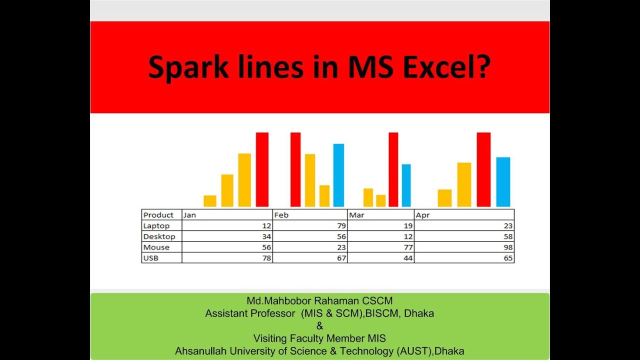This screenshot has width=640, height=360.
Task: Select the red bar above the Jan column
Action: [x=262, y=169]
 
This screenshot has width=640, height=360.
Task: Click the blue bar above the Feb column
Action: [x=338, y=175]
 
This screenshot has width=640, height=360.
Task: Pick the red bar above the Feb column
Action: [x=295, y=169]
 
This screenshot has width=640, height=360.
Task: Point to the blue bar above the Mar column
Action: [x=406, y=185]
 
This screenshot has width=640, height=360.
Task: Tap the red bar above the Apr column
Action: [x=483, y=169]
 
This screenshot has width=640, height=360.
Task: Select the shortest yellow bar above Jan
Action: [x=210, y=200]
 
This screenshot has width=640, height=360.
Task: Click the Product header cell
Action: [x=158, y=215]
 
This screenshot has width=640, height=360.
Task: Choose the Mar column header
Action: [x=356, y=215]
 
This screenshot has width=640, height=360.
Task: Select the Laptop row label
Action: [x=156, y=226]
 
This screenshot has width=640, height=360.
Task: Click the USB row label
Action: [x=151, y=258]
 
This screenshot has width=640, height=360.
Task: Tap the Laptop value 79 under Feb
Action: [x=341, y=226]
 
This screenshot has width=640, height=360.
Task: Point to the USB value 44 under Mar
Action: [x=408, y=258]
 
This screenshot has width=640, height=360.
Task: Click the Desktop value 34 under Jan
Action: [x=266, y=236]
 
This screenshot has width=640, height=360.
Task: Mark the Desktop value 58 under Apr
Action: [x=508, y=236]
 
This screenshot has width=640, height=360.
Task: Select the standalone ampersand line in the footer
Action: [x=319, y=326]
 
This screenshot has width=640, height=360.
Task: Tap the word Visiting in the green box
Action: [x=272, y=338]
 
